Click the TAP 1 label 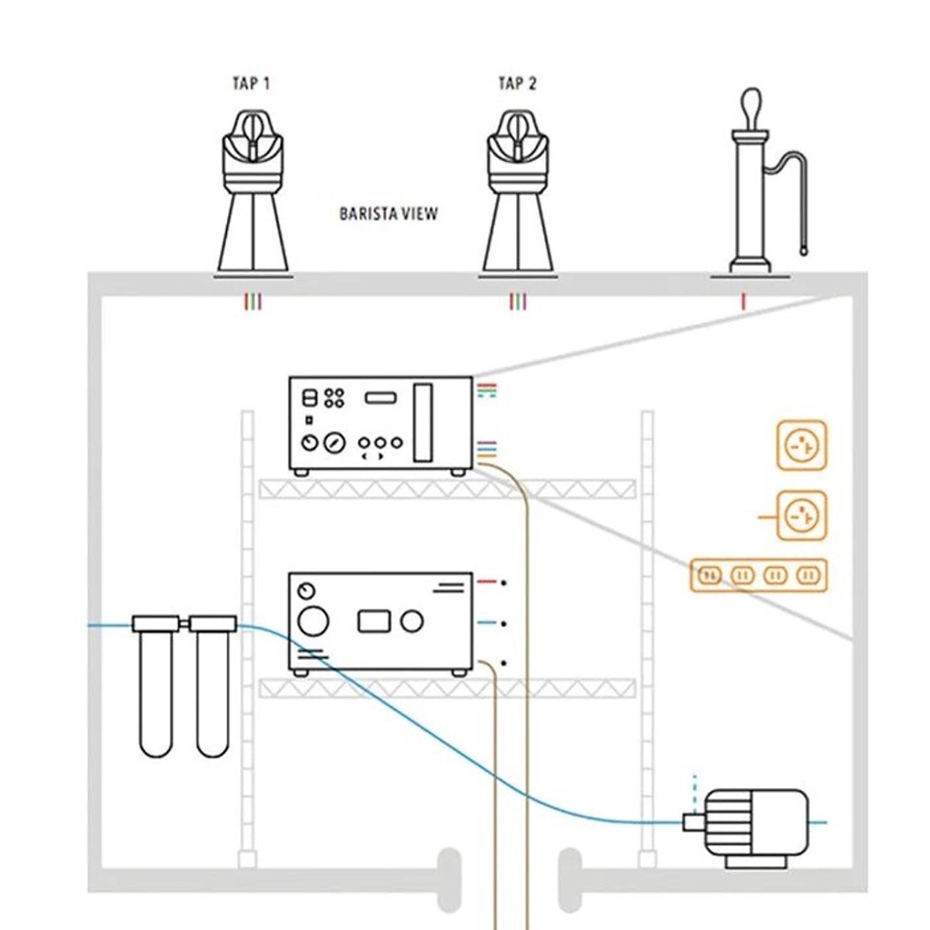tap(251, 83)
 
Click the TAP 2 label tap(517, 83)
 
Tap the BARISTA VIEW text tap(388, 214)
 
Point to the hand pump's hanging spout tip tap(803, 252)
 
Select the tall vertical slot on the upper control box tap(422, 422)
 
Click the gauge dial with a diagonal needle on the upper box tap(335, 443)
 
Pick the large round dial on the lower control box tap(313, 621)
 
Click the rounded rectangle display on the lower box tap(374, 621)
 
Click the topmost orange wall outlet tap(802, 445)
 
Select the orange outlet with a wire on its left tap(802, 516)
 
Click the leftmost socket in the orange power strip tap(710, 575)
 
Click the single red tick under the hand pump tap(744, 302)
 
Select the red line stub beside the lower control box tap(487, 582)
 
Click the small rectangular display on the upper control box tap(381, 398)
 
